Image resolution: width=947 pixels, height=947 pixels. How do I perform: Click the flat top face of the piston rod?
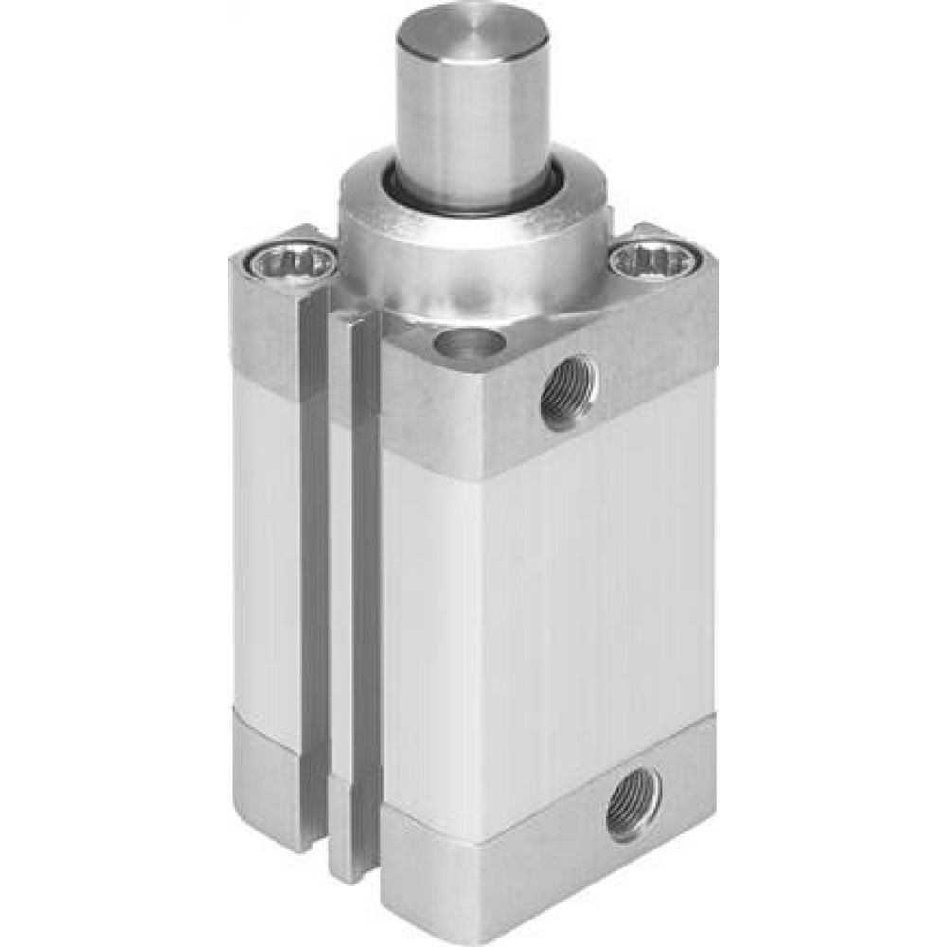pyautogui.click(x=471, y=33)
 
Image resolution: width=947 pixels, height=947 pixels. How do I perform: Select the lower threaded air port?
pyautogui.click(x=633, y=805)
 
